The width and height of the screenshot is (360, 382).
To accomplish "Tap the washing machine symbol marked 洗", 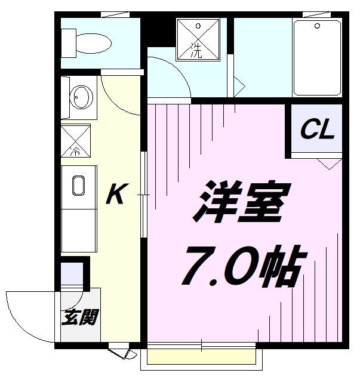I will [x=196, y=39].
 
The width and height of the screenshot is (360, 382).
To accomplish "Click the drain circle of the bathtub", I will [x=316, y=27].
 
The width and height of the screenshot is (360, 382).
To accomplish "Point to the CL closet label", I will [x=316, y=131].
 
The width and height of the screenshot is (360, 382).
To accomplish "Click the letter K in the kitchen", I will [x=115, y=195].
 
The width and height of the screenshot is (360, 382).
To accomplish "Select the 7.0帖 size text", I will [x=242, y=264].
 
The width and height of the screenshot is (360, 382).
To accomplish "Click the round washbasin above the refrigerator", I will [x=79, y=95].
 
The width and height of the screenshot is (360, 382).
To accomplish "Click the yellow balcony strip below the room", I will [x=203, y=357].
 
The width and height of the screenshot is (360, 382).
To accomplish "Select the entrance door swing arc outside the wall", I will [x=24, y=313].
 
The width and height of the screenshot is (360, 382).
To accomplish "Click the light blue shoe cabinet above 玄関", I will [x=73, y=273].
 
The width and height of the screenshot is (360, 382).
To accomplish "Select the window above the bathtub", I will [x=316, y=14].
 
